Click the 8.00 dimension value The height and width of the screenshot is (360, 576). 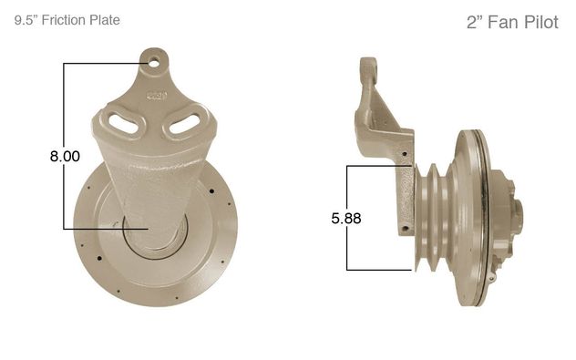65,156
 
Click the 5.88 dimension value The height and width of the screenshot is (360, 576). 346,218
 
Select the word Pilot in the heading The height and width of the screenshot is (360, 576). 541,22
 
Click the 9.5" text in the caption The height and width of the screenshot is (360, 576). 26,20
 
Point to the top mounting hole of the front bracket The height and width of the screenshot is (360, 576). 154,63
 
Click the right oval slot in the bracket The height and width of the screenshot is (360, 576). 184,123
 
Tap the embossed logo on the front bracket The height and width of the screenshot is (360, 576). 157,96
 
